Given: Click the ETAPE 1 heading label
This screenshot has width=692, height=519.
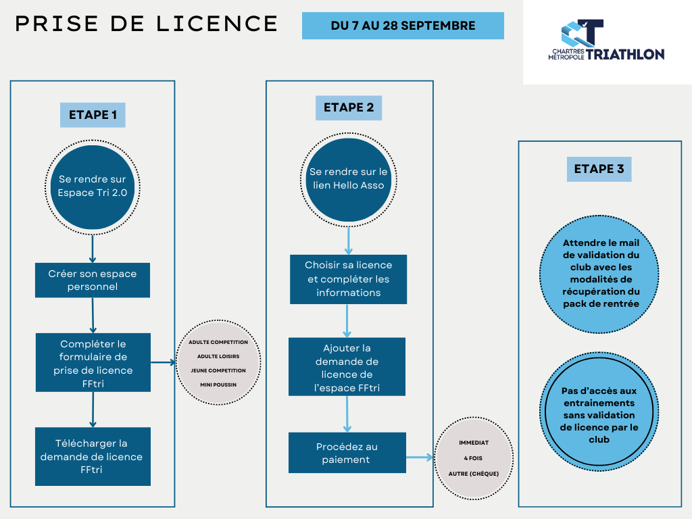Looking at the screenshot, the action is (x=93, y=115).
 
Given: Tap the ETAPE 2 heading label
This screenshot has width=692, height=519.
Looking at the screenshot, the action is (x=349, y=107).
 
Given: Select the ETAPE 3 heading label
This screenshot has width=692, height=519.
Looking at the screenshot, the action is (x=599, y=169).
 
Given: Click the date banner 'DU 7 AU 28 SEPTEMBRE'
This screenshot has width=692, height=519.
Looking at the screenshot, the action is (x=403, y=26).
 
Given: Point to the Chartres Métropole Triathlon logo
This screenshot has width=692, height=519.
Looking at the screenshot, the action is (x=606, y=40).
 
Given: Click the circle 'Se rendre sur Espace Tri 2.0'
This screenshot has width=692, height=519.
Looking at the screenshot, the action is (x=93, y=187).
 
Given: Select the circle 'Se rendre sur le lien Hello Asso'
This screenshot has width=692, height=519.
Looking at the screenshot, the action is (x=349, y=180).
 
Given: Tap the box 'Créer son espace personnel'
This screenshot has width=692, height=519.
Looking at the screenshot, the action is (x=93, y=280).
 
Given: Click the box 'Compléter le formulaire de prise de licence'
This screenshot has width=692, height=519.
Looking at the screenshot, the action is (x=93, y=362).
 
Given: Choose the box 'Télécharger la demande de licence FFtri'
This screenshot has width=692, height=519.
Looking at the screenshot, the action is (x=93, y=456).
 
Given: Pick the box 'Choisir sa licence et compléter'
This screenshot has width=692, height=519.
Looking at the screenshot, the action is (x=348, y=279).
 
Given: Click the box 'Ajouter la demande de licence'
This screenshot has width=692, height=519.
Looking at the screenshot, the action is (x=347, y=367).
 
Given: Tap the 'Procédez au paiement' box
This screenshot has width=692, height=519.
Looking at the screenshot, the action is (x=347, y=453).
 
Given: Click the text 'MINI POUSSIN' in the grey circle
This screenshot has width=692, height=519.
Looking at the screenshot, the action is (x=218, y=385).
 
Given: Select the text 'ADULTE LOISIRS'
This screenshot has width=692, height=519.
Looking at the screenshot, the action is (x=218, y=357).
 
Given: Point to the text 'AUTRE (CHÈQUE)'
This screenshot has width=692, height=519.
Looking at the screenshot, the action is (x=474, y=474).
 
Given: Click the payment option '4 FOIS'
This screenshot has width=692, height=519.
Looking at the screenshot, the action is (x=473, y=458).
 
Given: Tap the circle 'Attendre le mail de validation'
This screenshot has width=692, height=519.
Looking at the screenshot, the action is (x=599, y=274).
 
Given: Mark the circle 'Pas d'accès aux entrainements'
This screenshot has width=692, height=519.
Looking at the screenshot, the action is (x=599, y=412).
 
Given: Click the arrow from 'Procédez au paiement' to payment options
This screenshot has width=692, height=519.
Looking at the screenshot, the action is (x=420, y=458).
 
